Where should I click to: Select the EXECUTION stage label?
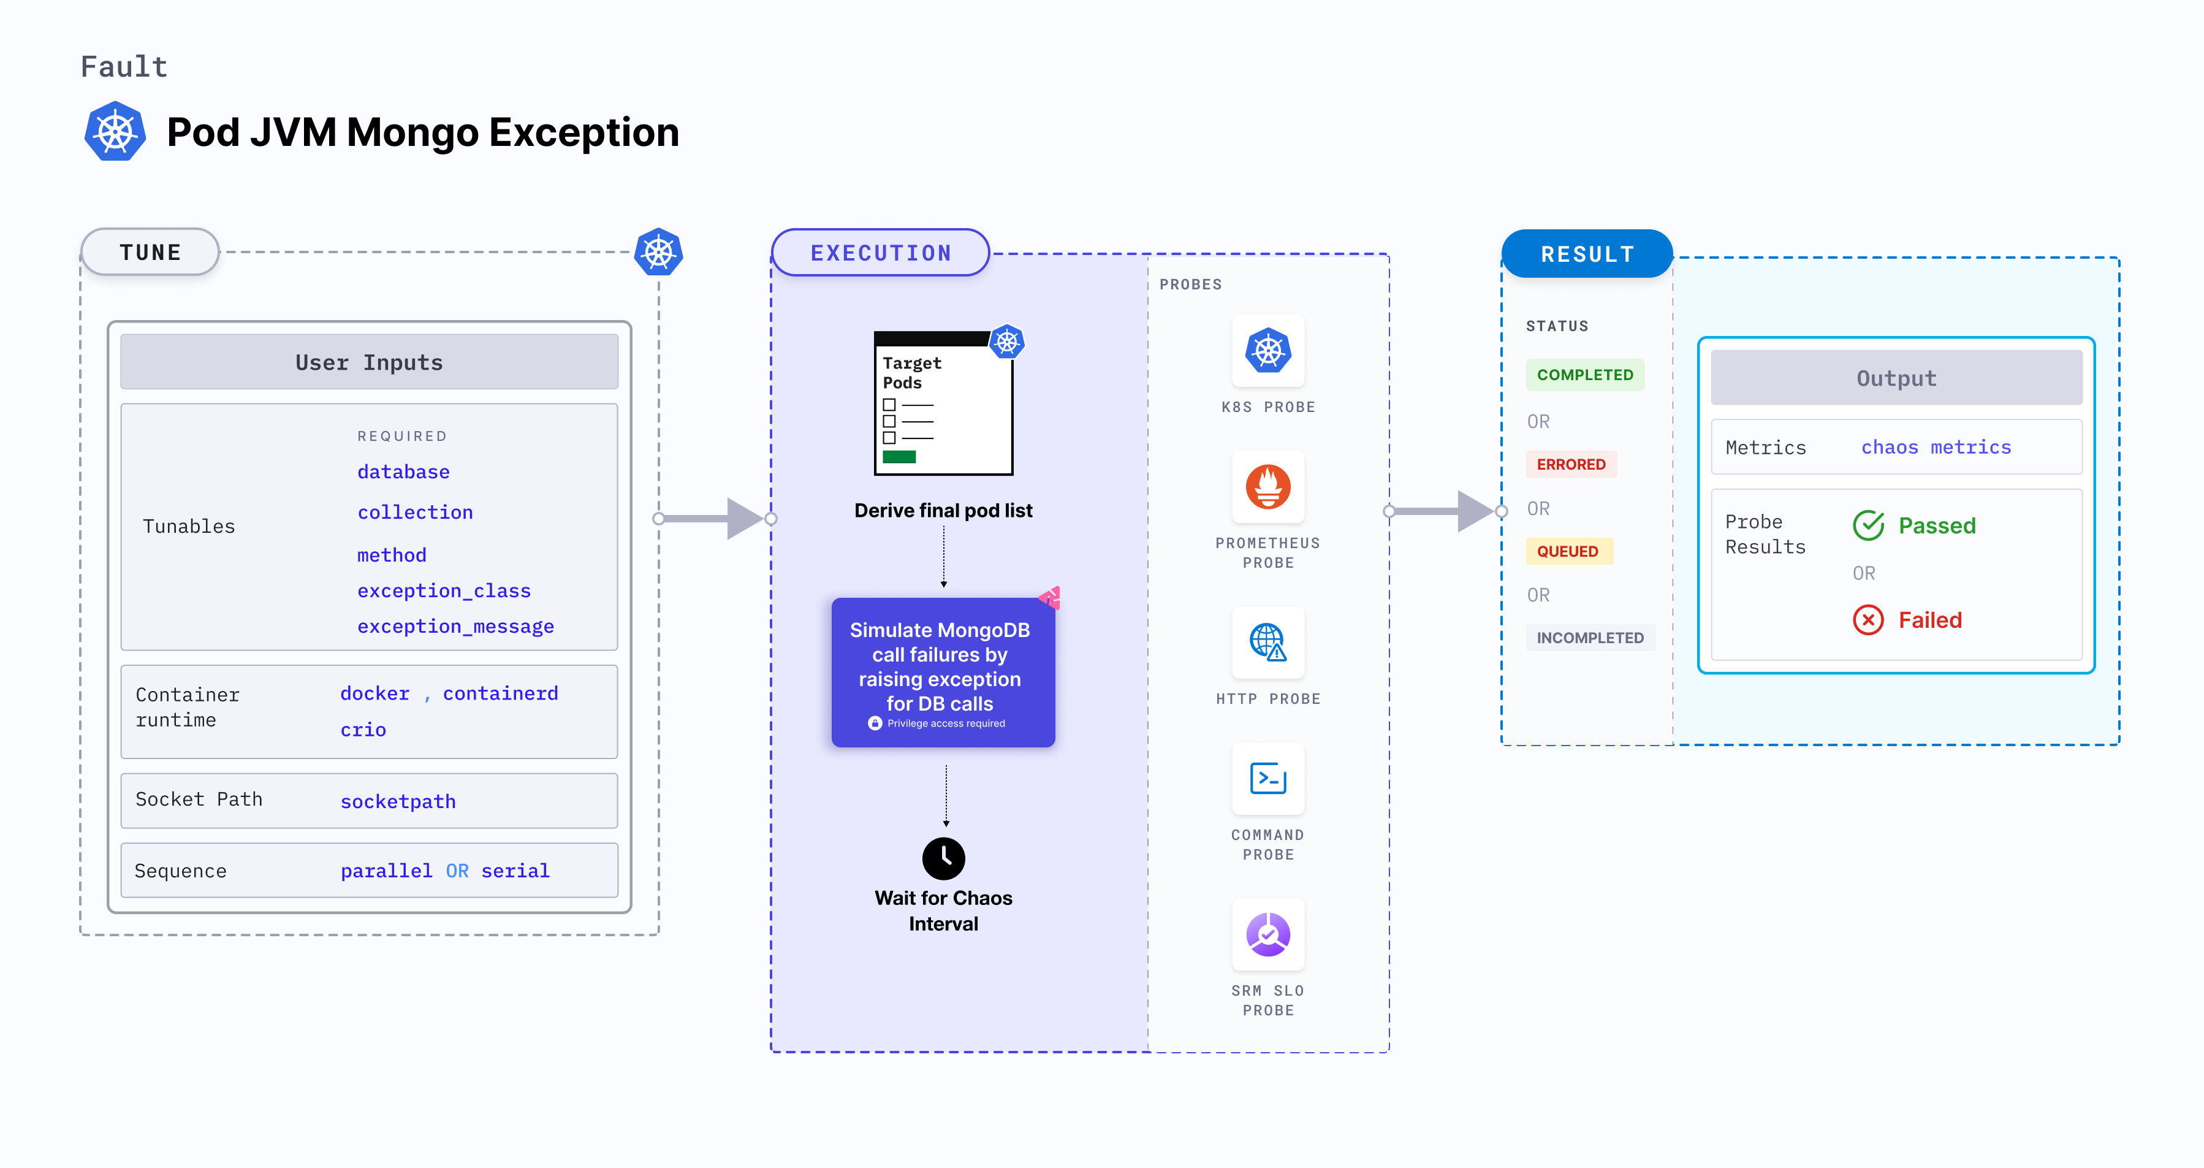[x=880, y=253]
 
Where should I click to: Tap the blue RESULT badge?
[x=1587, y=254]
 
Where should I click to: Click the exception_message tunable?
[x=455, y=627]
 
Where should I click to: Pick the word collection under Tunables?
[x=415, y=513]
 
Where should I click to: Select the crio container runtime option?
[x=363, y=730]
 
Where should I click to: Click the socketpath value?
[x=398, y=802]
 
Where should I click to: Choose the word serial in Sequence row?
[x=515, y=871]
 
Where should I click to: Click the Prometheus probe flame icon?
[x=1268, y=487]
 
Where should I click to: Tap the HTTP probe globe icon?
[x=1268, y=642]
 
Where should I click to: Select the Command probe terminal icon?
[x=1268, y=779]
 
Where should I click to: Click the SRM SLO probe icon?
[x=1268, y=934]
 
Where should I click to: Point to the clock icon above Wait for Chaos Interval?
[x=944, y=858]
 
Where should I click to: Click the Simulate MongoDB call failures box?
[x=943, y=672]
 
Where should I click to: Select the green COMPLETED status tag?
[x=1584, y=375]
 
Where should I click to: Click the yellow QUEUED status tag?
[x=1567, y=551]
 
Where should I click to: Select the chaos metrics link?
[x=1936, y=448]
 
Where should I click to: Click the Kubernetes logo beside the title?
[x=115, y=132]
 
